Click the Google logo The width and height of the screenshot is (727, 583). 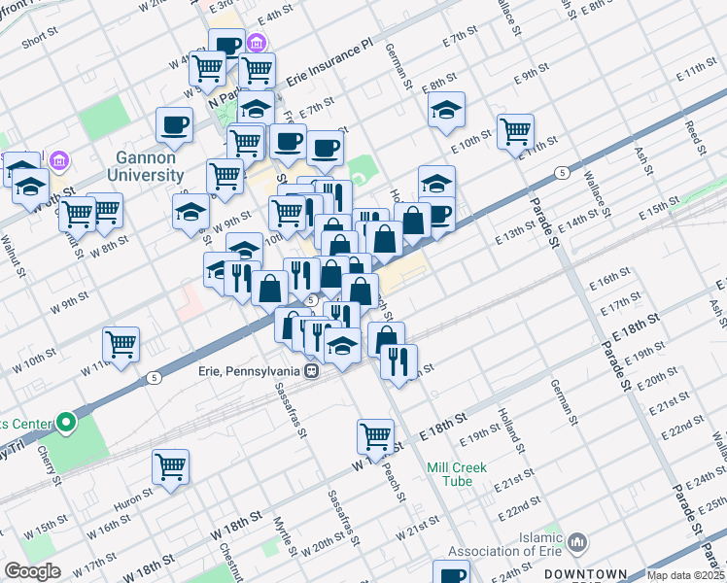point(32,571)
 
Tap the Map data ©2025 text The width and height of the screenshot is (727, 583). point(684,575)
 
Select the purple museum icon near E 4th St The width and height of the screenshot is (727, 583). point(257,43)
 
